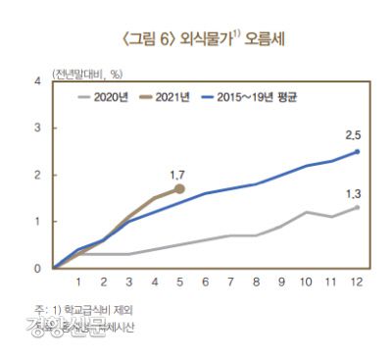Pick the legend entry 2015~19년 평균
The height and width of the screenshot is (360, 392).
click(247, 96)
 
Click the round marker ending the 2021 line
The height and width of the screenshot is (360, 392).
click(179, 188)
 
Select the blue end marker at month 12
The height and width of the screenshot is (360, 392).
click(357, 151)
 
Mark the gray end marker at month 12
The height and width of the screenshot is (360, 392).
click(357, 207)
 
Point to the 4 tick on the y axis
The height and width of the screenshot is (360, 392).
click(37, 81)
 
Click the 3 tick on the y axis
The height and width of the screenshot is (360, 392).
click(37, 128)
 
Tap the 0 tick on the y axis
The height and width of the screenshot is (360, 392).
click(37, 268)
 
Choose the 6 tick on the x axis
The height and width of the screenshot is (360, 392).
click(205, 283)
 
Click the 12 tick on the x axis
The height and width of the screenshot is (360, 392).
click(356, 283)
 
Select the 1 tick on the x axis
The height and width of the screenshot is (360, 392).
click(78, 283)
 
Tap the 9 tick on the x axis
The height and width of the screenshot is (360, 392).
click(280, 283)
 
